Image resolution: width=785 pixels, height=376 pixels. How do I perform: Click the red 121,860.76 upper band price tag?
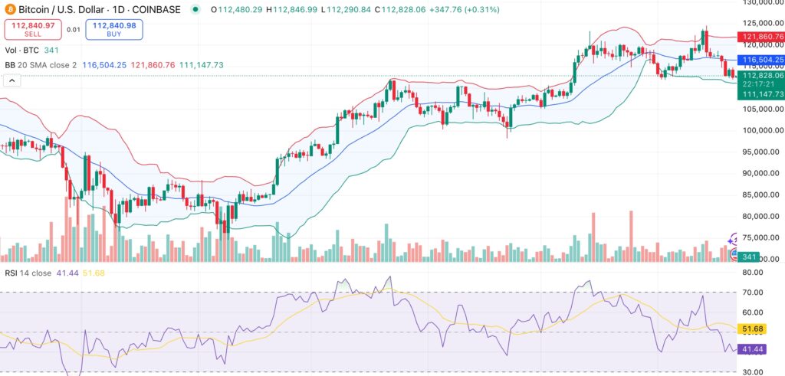pyautogui.click(x=760, y=37)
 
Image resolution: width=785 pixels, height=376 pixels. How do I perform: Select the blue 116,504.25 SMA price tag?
pyautogui.click(x=760, y=59)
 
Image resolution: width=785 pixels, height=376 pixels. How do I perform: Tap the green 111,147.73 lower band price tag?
pyautogui.click(x=760, y=93)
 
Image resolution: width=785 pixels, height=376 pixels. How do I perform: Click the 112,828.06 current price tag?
pyautogui.click(x=760, y=76)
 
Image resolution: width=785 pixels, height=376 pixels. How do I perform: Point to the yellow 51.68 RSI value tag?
pyautogui.click(x=753, y=329)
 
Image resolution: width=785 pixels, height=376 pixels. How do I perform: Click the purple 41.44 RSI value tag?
pyautogui.click(x=753, y=349)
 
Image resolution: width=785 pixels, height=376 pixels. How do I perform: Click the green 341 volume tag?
pyautogui.click(x=749, y=258)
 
